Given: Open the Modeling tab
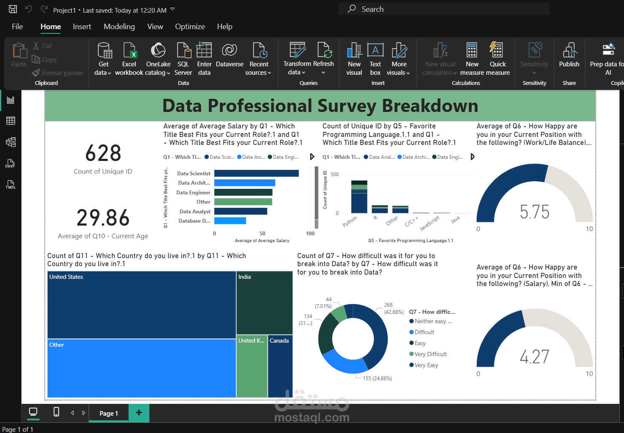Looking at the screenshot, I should (119, 27).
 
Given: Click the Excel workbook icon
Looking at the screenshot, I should (129, 51).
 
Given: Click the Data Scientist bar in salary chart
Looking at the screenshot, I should (256, 173).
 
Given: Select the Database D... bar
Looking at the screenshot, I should (230, 221).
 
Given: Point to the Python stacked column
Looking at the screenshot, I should (359, 197).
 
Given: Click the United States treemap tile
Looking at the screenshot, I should (141, 305).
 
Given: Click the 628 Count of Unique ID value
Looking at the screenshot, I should (103, 153).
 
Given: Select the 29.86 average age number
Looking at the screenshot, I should (103, 218).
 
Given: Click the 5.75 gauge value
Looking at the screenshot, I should (535, 212).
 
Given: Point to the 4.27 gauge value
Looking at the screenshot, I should (535, 357).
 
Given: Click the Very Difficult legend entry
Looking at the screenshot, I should (430, 354).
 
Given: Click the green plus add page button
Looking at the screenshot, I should (139, 413).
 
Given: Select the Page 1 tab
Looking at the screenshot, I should (108, 413).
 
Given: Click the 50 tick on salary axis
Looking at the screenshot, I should (262, 234).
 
